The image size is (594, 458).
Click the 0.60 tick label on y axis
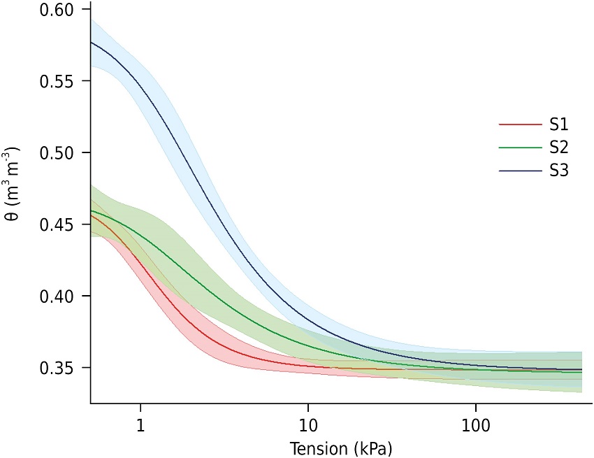coord(61,10)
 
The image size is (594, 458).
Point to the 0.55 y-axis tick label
coord(61,81)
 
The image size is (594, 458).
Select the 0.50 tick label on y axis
coord(61,153)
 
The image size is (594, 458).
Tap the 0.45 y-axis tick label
coord(61,224)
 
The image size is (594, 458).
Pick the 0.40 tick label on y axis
coord(61,296)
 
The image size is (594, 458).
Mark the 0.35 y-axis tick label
coord(61,368)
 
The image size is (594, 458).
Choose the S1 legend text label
coord(558,125)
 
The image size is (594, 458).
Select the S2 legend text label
coord(558,148)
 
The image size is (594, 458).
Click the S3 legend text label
coord(558,170)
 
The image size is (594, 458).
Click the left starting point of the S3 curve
coord(92,43)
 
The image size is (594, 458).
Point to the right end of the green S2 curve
coord(582,373)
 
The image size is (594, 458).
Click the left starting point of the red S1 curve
coord(92,215)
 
